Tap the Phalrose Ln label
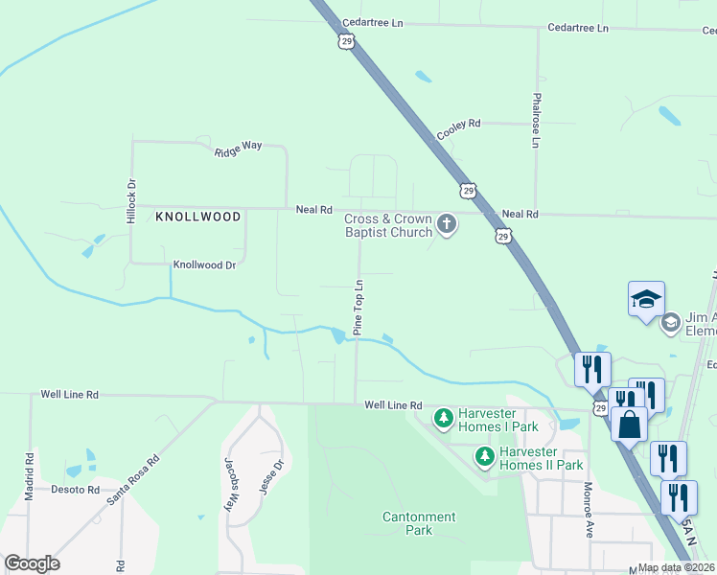537,120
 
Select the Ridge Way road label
238,149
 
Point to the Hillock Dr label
132,201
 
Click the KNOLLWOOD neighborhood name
198,218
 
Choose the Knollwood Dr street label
203,264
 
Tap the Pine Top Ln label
359,307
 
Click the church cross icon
446,225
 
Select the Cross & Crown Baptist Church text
388,225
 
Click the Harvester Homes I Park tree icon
443,418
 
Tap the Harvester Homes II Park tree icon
486,457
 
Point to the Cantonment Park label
419,523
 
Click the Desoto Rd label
76,490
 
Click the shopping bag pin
629,424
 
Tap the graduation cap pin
646,298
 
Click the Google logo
33,563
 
